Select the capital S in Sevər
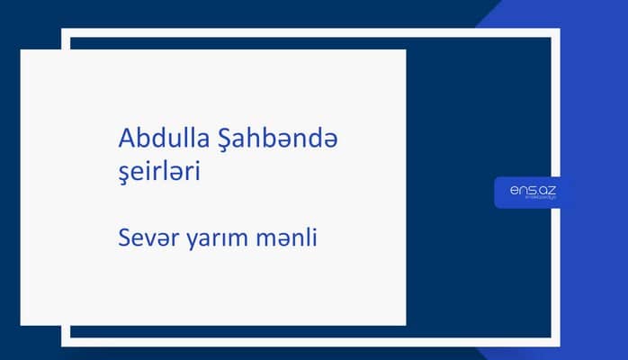124,238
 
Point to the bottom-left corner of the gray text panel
22,324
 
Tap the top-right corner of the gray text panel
405,50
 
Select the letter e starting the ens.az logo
514,189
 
